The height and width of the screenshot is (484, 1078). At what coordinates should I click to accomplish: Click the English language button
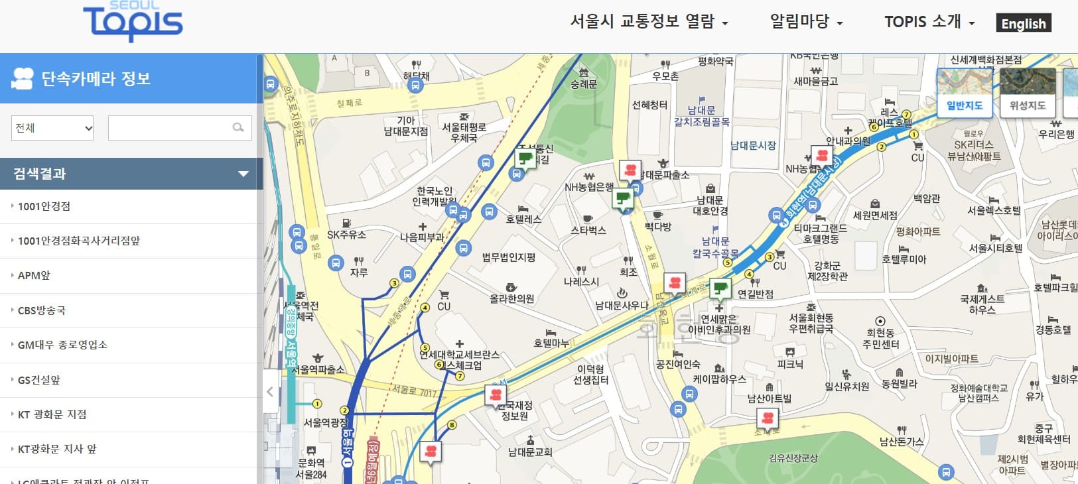point(1024,23)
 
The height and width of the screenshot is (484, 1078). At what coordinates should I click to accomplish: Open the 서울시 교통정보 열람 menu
point(649,22)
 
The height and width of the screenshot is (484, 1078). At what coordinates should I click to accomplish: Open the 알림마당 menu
point(805,22)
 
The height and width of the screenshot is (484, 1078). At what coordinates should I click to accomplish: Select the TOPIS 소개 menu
point(929,22)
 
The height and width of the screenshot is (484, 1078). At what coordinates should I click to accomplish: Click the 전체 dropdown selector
point(52,128)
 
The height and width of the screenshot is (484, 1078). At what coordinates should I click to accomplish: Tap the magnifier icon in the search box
point(238,127)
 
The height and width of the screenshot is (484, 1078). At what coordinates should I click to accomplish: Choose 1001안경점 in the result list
point(44,206)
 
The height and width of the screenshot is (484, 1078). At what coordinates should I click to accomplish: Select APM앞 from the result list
point(34,276)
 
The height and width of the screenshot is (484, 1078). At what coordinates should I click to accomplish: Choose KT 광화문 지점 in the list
point(52,414)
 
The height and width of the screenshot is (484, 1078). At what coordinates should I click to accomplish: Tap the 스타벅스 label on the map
point(588,230)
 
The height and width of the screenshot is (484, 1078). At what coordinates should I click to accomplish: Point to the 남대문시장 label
point(753,145)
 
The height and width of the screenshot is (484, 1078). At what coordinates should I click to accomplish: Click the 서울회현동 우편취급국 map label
point(811,323)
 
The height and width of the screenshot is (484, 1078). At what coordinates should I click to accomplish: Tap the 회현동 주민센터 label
point(880,338)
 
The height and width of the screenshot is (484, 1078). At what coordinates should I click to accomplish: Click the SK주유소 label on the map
point(346,235)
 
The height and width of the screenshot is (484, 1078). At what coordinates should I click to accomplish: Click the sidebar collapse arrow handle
point(270,392)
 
